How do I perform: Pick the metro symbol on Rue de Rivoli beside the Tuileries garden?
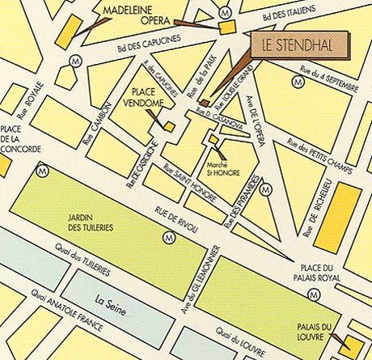pos(169,237)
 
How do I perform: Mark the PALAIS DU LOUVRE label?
pos(315,332)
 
